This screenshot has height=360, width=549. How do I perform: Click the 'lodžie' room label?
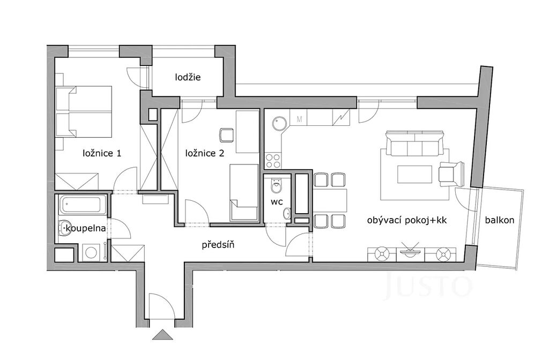pyautogui.click(x=188, y=77)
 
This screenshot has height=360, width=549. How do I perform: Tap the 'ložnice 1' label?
pyautogui.click(x=102, y=153)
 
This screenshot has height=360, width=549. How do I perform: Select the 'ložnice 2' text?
pyautogui.click(x=204, y=153)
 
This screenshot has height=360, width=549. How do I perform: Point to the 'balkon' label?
pyautogui.click(x=500, y=220)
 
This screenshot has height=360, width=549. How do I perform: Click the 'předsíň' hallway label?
pyautogui.click(x=218, y=244)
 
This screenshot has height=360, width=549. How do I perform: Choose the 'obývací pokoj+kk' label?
pyautogui.click(x=407, y=220)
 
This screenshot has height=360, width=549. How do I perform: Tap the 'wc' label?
pyautogui.click(x=277, y=202)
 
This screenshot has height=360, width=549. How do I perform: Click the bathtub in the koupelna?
pyautogui.click(x=83, y=205)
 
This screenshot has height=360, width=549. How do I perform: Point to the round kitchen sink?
pyautogui.click(x=279, y=123)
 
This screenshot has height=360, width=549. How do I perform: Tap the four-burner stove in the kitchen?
pyautogui.click(x=273, y=161)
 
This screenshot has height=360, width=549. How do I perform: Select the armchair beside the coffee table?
pyautogui.click(x=451, y=174)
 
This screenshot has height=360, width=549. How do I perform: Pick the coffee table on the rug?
pyautogui.click(x=414, y=174)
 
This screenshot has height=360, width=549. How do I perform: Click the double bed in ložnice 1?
pyautogui.click(x=84, y=112)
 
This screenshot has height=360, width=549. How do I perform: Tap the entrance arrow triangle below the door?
pyautogui.click(x=163, y=334)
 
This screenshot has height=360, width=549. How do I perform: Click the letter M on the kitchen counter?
pyautogui.click(x=299, y=119)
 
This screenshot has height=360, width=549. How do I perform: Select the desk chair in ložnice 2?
pyautogui.click(x=227, y=135)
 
